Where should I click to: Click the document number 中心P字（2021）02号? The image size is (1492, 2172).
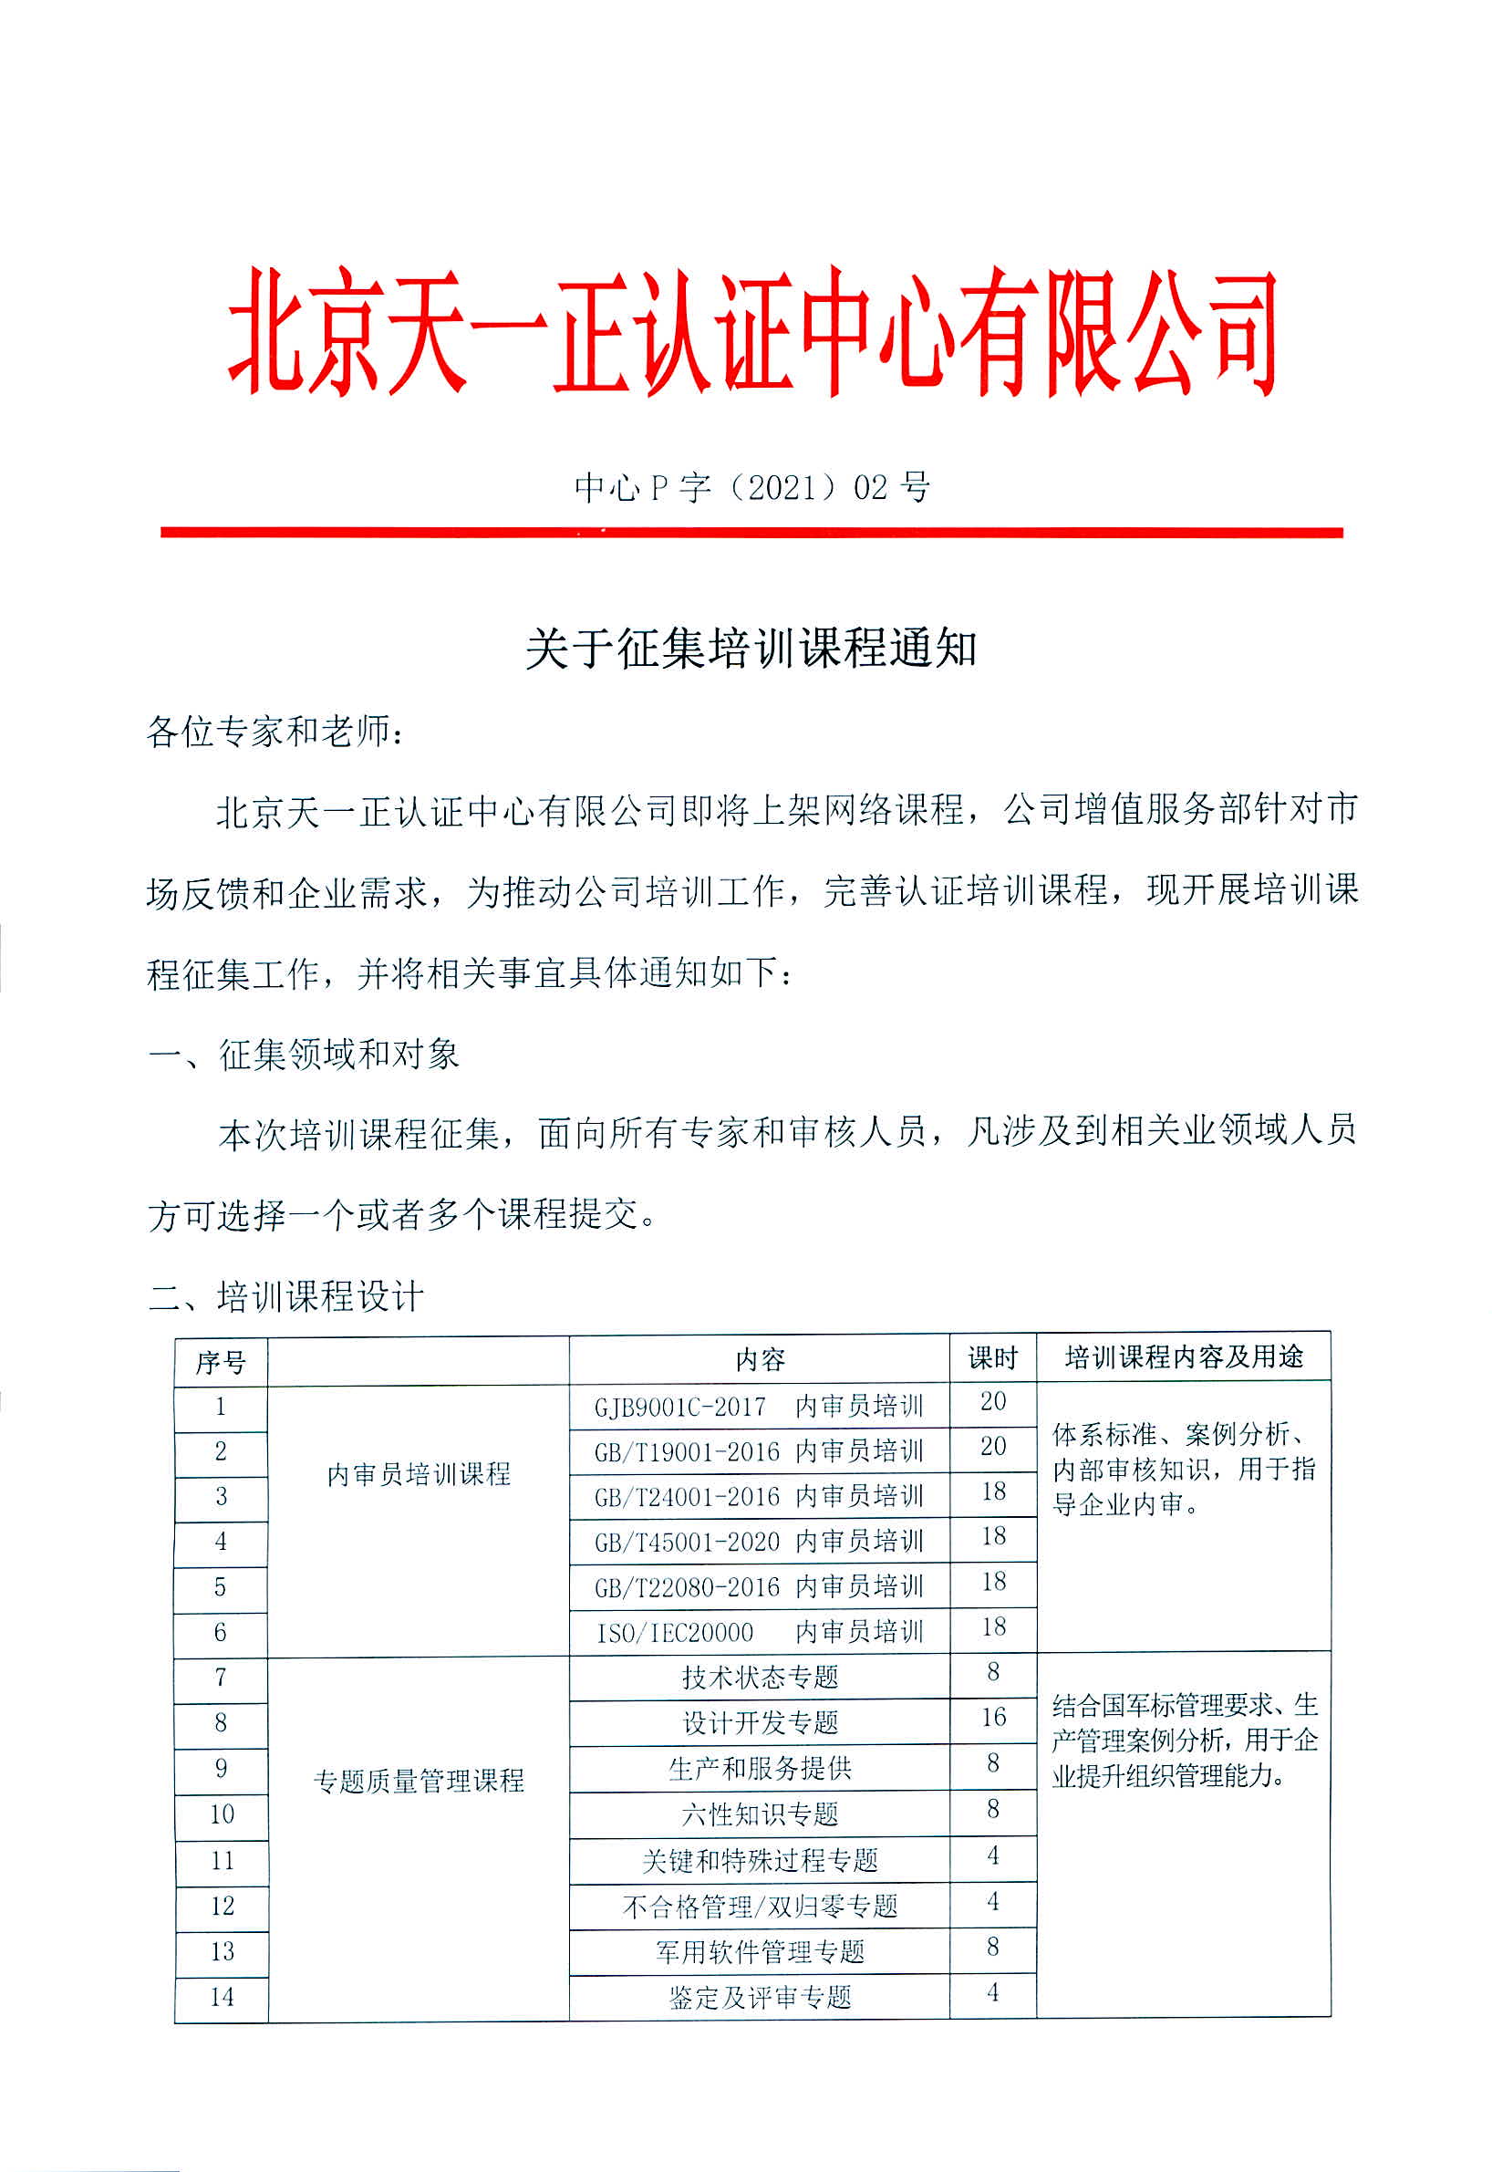(x=752, y=487)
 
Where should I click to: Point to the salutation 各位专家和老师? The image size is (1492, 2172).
(x=275, y=733)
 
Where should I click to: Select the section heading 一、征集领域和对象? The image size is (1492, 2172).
(x=304, y=1055)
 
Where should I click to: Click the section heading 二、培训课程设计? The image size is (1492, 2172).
(x=286, y=1297)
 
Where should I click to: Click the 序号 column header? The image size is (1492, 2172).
(x=221, y=1362)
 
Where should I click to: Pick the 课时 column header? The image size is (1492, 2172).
(x=992, y=1358)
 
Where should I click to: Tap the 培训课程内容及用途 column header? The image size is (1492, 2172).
(x=1184, y=1357)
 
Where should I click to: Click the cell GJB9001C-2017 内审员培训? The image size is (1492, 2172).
(x=758, y=1407)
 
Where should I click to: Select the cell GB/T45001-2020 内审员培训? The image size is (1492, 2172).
(x=758, y=1542)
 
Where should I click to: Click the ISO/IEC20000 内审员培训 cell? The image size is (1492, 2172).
(x=758, y=1633)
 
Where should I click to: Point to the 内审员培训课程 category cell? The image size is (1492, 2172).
(x=418, y=1474)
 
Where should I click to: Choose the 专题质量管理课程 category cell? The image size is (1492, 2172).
(x=418, y=1782)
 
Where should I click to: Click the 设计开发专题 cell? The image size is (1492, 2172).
(x=759, y=1722)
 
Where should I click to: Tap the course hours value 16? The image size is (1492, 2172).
(x=993, y=1718)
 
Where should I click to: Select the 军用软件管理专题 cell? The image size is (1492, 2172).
(x=759, y=1951)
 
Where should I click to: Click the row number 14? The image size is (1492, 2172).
(x=222, y=1997)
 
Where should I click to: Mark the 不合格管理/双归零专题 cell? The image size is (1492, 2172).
(x=759, y=1906)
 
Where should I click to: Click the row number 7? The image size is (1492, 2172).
(x=221, y=1678)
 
